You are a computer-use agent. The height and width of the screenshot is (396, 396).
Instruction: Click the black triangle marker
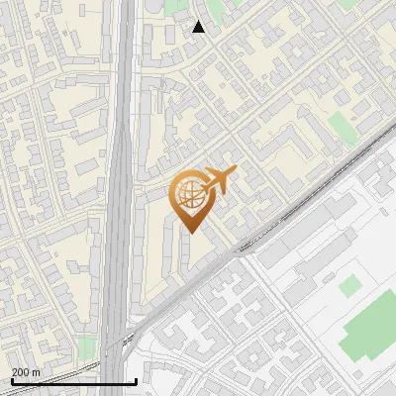[199, 27]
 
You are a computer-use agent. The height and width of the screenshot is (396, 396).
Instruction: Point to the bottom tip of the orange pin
[190, 233]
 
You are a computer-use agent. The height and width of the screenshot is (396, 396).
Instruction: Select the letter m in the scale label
[37, 372]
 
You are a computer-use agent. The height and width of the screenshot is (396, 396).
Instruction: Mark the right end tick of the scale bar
[136, 380]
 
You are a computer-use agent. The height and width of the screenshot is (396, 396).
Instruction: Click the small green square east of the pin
[341, 127]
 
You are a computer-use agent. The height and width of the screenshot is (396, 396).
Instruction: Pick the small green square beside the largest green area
[349, 286]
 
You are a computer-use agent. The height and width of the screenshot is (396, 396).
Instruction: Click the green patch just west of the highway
[88, 347]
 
